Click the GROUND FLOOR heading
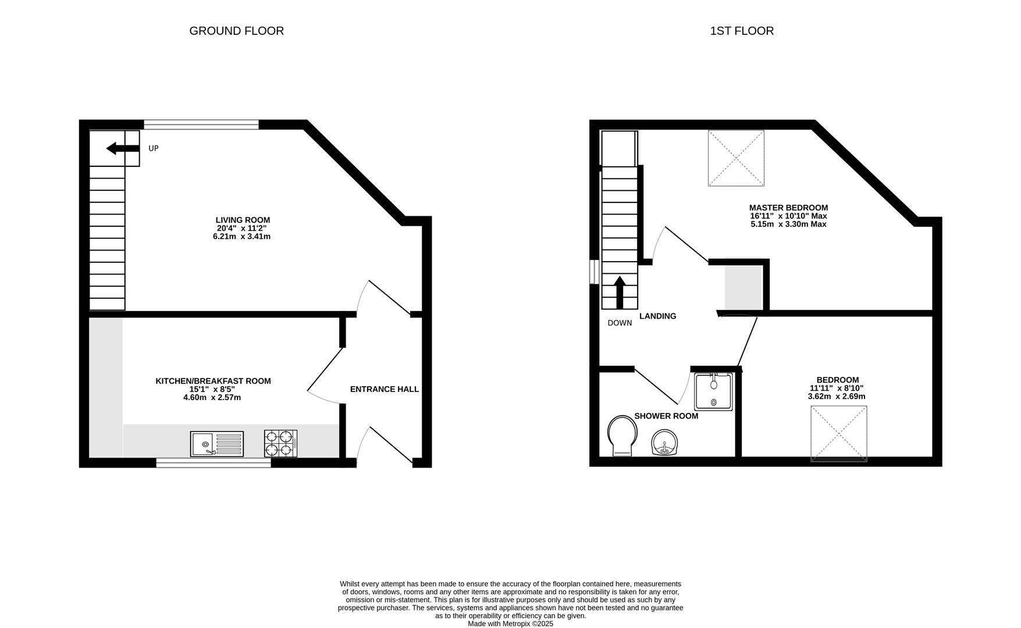click(236, 31)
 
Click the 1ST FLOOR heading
click(741, 31)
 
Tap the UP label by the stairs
click(154, 148)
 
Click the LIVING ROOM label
click(243, 220)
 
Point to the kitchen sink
click(216, 444)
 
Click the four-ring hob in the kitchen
click(280, 443)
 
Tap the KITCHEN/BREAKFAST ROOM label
click(213, 381)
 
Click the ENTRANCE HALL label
click(384, 389)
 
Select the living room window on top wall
click(201, 124)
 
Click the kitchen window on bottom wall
click(213, 463)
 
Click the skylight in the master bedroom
click(735, 158)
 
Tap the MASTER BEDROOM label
click(788, 208)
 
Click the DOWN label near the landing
click(620, 323)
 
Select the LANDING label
click(657, 316)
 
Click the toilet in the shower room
click(622, 436)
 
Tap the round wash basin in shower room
click(664, 444)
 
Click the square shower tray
click(713, 392)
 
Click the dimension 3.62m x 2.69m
click(836, 396)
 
